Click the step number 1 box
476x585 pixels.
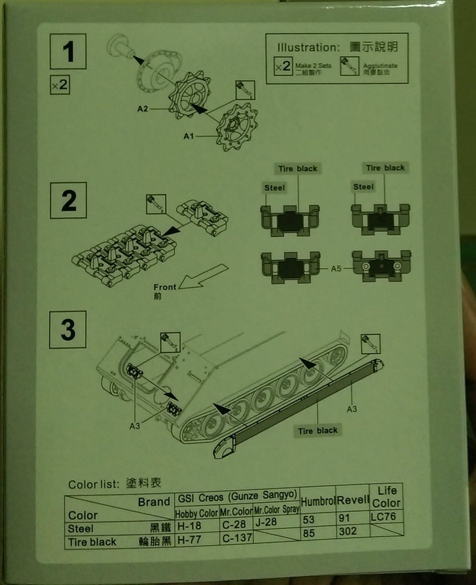click(68, 51)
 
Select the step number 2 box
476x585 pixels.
click(68, 200)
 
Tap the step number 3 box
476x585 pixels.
click(67, 330)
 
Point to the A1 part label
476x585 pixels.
click(190, 136)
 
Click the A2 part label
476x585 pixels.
click(143, 109)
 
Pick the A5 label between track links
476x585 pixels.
click(335, 268)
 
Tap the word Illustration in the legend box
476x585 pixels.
click(309, 47)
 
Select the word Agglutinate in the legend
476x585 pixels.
click(381, 66)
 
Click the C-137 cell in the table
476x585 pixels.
click(236, 538)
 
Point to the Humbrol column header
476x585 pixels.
click(318, 501)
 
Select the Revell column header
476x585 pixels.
click(353, 500)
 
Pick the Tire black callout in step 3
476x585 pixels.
click(318, 431)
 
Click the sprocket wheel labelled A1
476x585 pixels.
click(236, 126)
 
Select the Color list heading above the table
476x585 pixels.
click(114, 483)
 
